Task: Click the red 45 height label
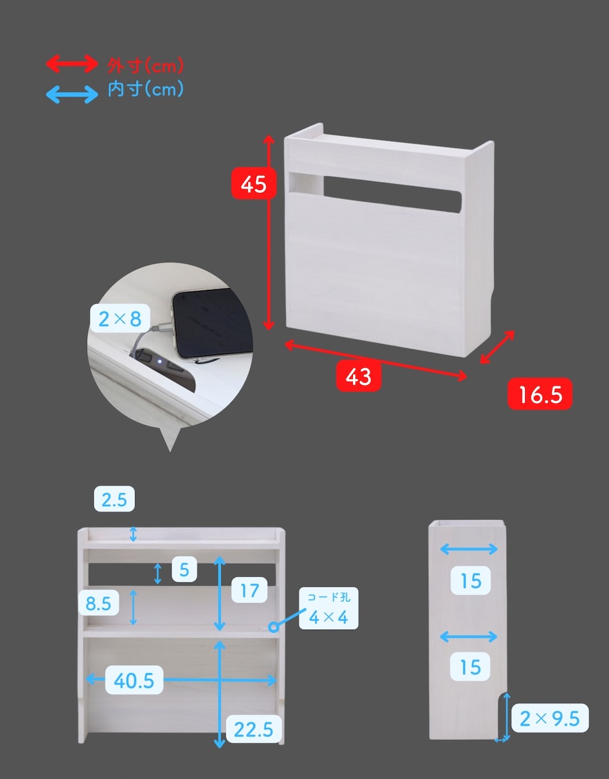254,183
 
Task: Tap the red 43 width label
359,376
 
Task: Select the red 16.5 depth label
540,394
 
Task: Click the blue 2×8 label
120,318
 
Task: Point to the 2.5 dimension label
114,498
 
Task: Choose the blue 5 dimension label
184,569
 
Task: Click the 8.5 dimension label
98,603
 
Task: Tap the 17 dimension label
249,590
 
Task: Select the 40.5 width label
134,679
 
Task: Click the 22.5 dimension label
254,729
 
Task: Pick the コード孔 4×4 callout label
328,608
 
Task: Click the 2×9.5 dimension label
549,718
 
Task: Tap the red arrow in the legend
71,64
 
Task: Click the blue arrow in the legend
71,95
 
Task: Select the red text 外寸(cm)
145,65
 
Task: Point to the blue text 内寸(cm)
145,89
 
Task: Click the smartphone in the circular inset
213,323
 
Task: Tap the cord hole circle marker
274,627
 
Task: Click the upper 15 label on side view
470,581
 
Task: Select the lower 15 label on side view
470,666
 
